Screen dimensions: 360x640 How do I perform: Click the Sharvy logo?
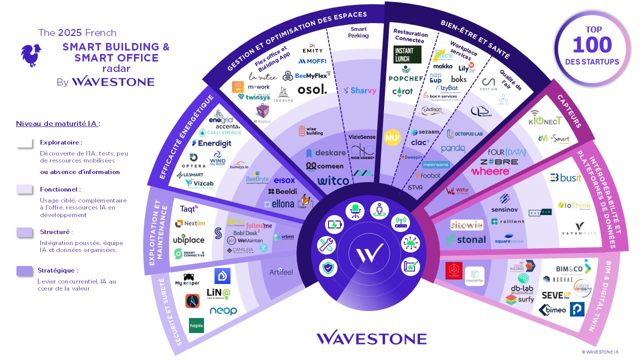point(360,90)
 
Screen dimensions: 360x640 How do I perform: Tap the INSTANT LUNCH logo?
point(407,54)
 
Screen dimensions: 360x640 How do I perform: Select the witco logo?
point(333,181)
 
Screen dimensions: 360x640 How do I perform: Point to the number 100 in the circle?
point(591,45)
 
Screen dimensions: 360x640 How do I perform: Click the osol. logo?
point(312,89)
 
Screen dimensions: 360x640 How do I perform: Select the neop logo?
point(223,311)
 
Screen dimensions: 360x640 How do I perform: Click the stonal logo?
point(465,240)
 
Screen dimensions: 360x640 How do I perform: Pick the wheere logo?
point(490,171)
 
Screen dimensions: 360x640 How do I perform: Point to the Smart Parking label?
point(358,32)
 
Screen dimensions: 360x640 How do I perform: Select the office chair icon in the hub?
point(355,210)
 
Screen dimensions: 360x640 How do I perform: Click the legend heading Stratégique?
point(57,270)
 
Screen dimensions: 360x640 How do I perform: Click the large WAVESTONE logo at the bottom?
point(371,338)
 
